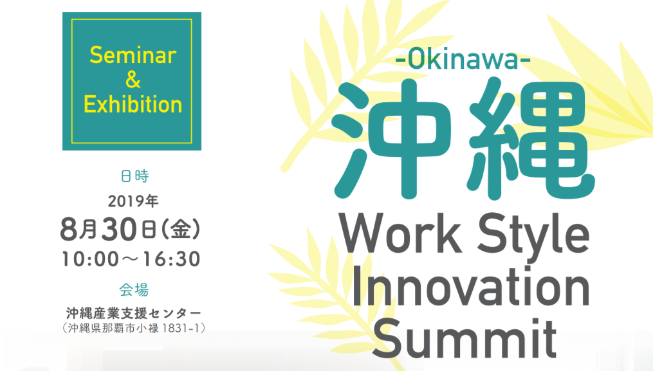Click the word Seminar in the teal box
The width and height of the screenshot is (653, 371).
click(133, 55)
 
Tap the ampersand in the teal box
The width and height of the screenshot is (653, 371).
click(133, 80)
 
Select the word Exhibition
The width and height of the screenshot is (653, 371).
click(133, 104)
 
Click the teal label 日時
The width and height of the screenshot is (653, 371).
click(134, 176)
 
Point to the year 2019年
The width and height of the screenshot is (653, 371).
click(133, 201)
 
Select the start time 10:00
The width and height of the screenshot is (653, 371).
click(90, 259)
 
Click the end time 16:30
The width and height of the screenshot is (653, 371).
click(172, 259)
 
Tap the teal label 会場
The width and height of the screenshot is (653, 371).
click(134, 290)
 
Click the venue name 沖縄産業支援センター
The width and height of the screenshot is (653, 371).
click(134, 313)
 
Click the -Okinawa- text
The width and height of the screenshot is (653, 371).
click(463, 60)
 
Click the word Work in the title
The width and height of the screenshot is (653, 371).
click(401, 233)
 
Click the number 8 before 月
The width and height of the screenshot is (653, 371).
click(69, 230)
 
